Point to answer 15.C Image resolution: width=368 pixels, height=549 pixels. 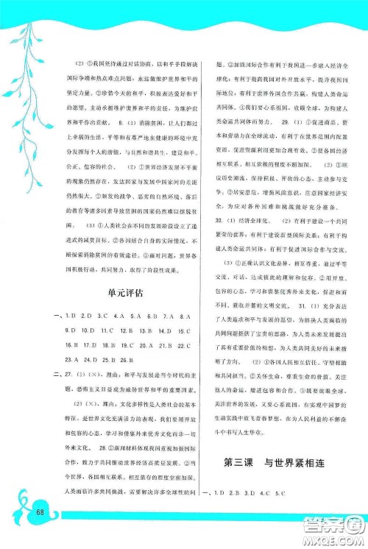[x=181, y=330]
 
